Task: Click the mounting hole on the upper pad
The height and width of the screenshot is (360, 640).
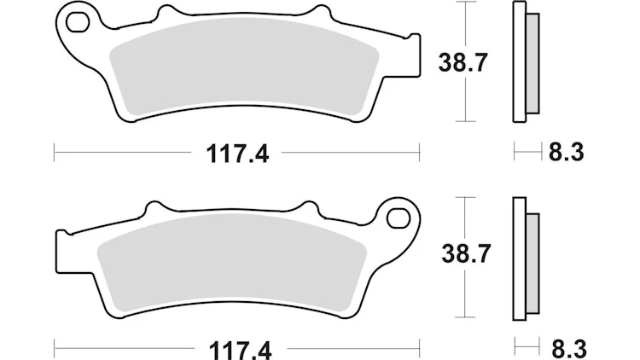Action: pyautogui.click(x=78, y=22)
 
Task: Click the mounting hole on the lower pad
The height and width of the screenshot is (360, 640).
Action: pyautogui.click(x=399, y=218)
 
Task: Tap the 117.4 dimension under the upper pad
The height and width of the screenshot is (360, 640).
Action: pyautogui.click(x=237, y=154)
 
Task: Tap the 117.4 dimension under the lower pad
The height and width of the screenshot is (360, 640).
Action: pyautogui.click(x=240, y=351)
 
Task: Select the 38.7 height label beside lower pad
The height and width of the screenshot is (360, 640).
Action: pyautogui.click(x=465, y=253)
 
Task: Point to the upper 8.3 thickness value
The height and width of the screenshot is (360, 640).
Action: pyautogui.click(x=566, y=153)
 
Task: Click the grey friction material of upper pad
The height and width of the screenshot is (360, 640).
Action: pyautogui.click(x=244, y=66)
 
